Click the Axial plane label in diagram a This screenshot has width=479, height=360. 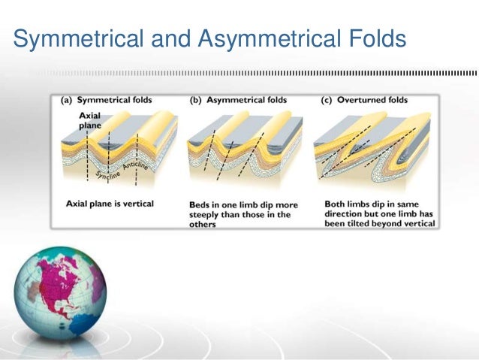[89, 121]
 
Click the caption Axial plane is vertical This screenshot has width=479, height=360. [110, 204]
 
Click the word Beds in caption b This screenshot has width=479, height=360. [197, 204]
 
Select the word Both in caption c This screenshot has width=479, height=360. [336, 204]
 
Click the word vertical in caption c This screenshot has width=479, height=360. [417, 223]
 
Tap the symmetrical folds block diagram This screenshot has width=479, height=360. [120, 150]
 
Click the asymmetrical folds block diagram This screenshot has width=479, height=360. [244, 150]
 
